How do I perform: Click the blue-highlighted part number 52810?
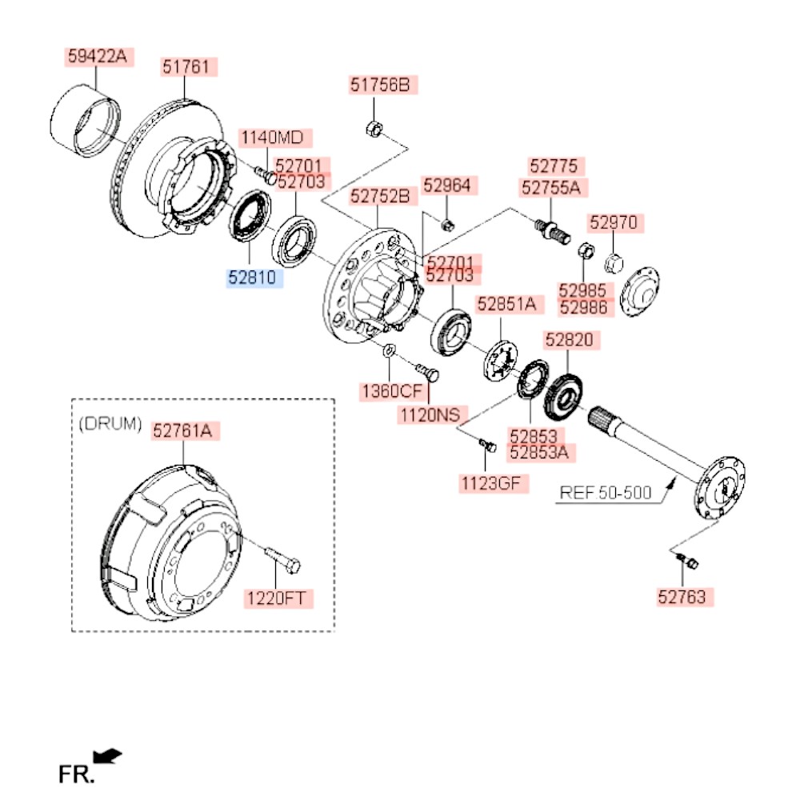251,278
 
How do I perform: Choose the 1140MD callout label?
273,138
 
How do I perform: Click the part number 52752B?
382,196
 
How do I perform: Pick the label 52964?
448,186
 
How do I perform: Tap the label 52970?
616,222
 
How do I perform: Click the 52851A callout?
506,304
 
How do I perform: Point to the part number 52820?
569,340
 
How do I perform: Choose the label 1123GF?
494,483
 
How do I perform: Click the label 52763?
686,596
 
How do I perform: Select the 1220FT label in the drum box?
279,598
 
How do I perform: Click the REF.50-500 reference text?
605,492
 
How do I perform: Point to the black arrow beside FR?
107,755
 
